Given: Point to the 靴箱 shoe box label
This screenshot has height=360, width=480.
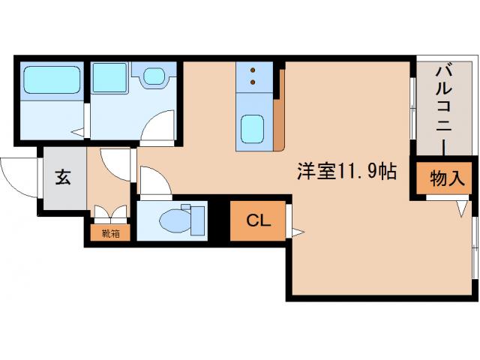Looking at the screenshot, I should [x=109, y=233].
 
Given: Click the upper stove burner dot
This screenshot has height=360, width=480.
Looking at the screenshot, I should [x=253, y=70].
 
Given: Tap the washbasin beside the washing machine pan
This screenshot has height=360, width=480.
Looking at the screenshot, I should [x=154, y=76].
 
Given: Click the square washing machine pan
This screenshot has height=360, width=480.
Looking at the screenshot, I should [x=109, y=77].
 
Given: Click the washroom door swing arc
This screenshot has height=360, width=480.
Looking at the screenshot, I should [x=154, y=125].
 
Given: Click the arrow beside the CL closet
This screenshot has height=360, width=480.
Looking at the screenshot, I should [x=297, y=232].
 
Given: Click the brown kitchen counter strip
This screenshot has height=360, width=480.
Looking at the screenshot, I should [x=279, y=112].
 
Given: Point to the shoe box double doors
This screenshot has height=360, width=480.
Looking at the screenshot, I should [x=109, y=214].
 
